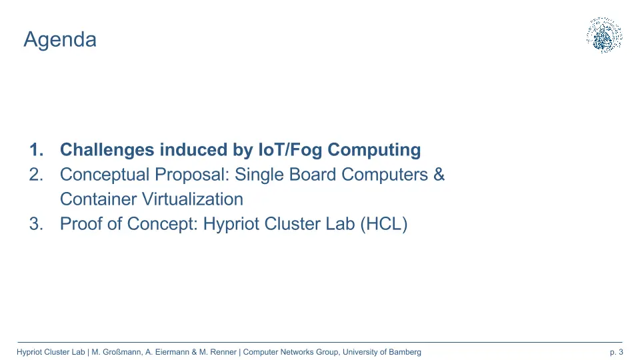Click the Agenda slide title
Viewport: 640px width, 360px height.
60,40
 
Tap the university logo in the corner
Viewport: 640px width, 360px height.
604,35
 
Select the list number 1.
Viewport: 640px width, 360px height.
36,150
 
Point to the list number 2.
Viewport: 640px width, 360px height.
36,175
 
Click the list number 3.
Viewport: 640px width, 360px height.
36,224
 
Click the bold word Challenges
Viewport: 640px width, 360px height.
107,150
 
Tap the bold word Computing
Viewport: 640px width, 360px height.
374,150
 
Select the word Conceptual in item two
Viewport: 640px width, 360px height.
105,175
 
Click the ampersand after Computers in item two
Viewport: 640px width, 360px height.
439,174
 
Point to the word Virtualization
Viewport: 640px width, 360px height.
192,199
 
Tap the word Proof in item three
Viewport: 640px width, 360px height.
81,224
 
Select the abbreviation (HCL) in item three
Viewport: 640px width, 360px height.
384,224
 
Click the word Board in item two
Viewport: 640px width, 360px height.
313,174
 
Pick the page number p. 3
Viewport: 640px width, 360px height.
616,352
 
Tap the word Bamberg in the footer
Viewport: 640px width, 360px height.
405,352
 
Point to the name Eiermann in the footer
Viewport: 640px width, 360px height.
172,352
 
